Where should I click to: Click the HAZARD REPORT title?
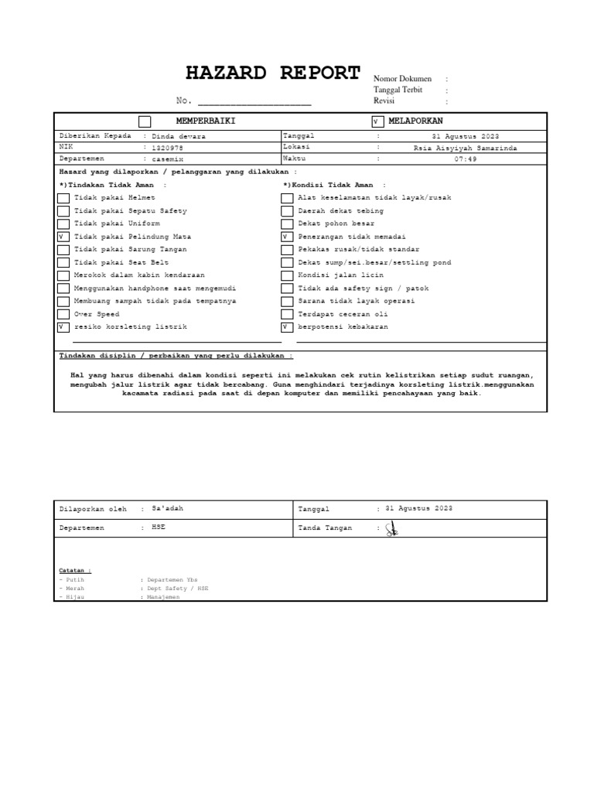point(273,73)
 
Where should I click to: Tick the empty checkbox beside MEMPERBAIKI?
point(145,121)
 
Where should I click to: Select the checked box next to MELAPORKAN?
point(377,121)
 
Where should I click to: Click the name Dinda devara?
point(179,136)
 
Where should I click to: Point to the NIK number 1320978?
point(169,147)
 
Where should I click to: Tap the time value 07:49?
point(466,159)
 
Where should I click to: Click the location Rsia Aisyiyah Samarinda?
point(466,147)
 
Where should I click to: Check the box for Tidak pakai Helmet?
point(63,198)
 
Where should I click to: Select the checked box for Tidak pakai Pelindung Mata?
point(63,237)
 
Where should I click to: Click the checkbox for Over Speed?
point(63,315)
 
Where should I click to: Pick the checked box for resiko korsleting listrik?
point(63,327)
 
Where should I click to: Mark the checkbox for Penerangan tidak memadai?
point(287,237)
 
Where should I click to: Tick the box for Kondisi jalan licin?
point(287,275)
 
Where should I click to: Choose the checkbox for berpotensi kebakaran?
point(287,327)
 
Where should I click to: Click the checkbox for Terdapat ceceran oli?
point(287,315)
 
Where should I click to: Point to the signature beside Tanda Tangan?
point(392,529)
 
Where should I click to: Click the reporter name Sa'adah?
point(169,508)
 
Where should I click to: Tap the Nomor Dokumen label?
point(402,79)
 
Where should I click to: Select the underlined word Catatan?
point(75,570)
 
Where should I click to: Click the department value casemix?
point(169,159)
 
